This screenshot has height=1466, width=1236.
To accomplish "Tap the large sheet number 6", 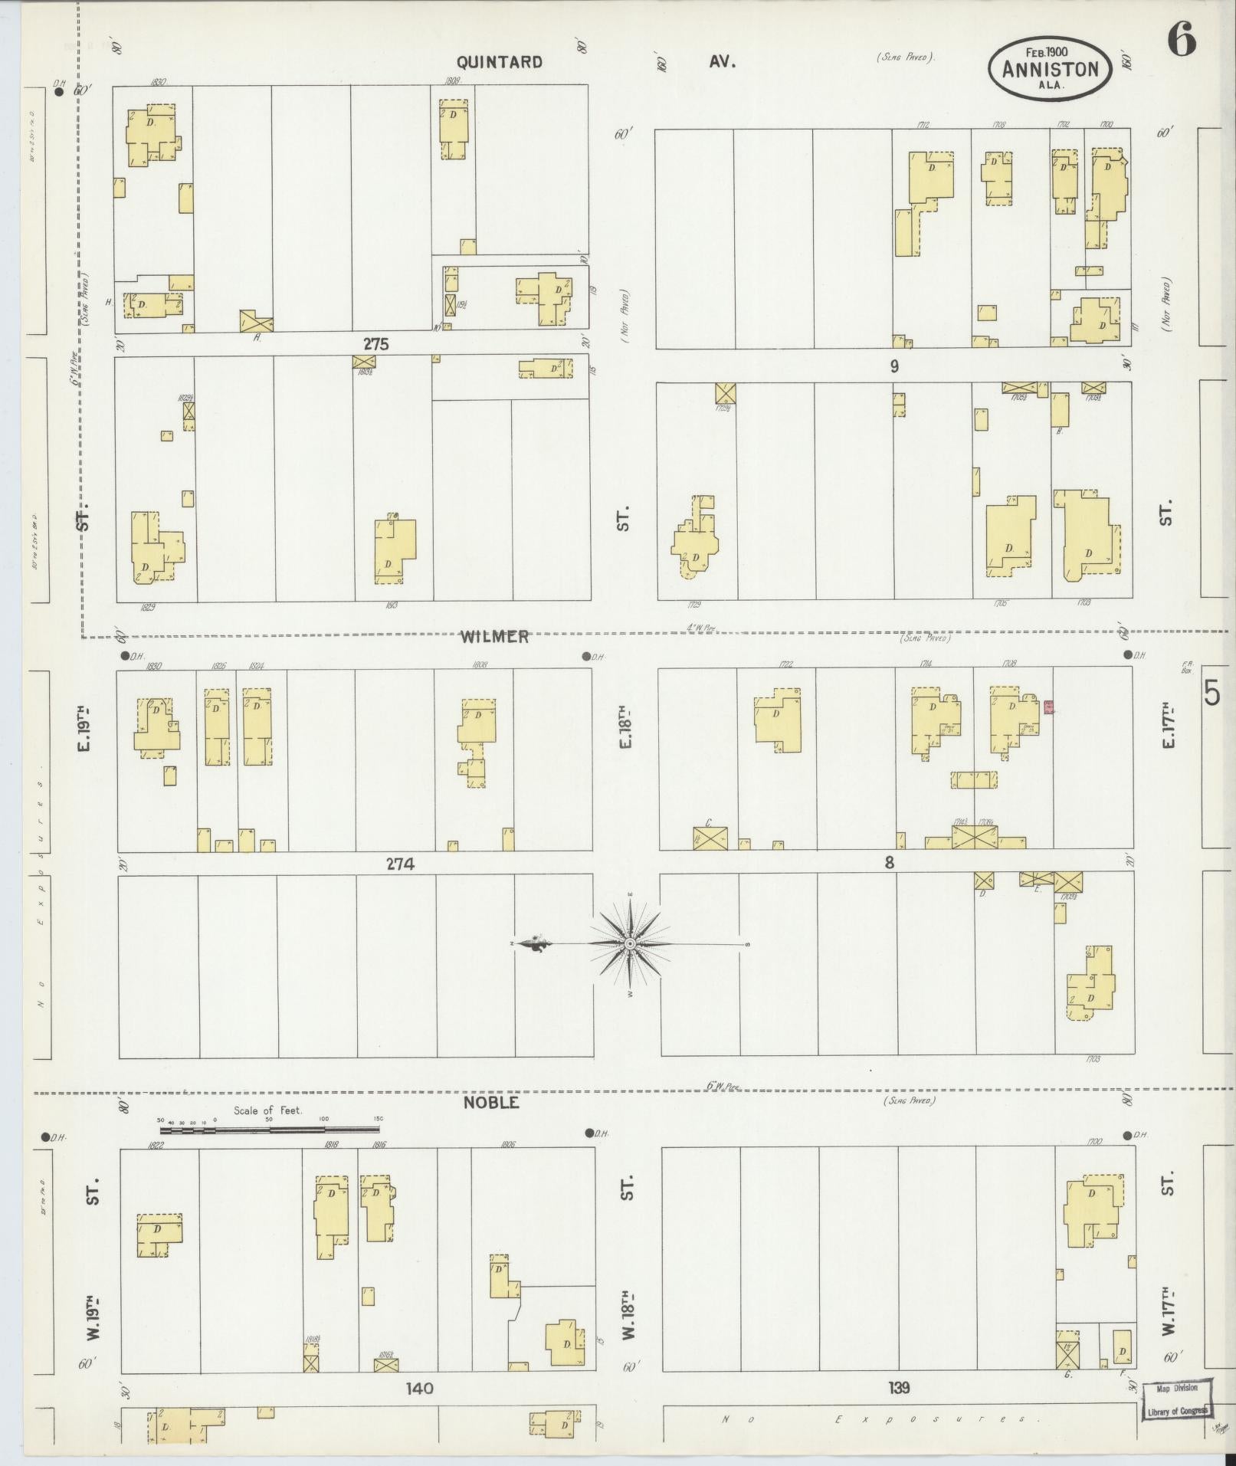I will pyautogui.click(x=1182, y=40).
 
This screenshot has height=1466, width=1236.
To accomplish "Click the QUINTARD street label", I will pyautogui.click(x=499, y=62).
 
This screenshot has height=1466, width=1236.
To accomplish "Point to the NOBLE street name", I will pyautogui.click(x=491, y=1103).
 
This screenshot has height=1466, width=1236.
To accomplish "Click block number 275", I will pyautogui.click(x=375, y=345).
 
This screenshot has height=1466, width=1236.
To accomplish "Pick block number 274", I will pyautogui.click(x=400, y=864).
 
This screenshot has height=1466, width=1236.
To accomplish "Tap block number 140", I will pyautogui.click(x=420, y=1388).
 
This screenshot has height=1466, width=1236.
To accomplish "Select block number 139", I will pyautogui.click(x=899, y=1388).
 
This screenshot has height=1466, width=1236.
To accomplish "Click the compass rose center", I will pyautogui.click(x=629, y=944).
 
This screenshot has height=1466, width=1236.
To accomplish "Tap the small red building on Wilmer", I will pyautogui.click(x=1048, y=707).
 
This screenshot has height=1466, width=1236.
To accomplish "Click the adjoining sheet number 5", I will pyautogui.click(x=1211, y=694).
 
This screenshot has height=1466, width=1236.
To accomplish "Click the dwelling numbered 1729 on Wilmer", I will pyautogui.click(x=695, y=544).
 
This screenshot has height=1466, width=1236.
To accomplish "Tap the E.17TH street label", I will pyautogui.click(x=1167, y=729).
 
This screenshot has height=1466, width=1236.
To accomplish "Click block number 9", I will pyautogui.click(x=893, y=366).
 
